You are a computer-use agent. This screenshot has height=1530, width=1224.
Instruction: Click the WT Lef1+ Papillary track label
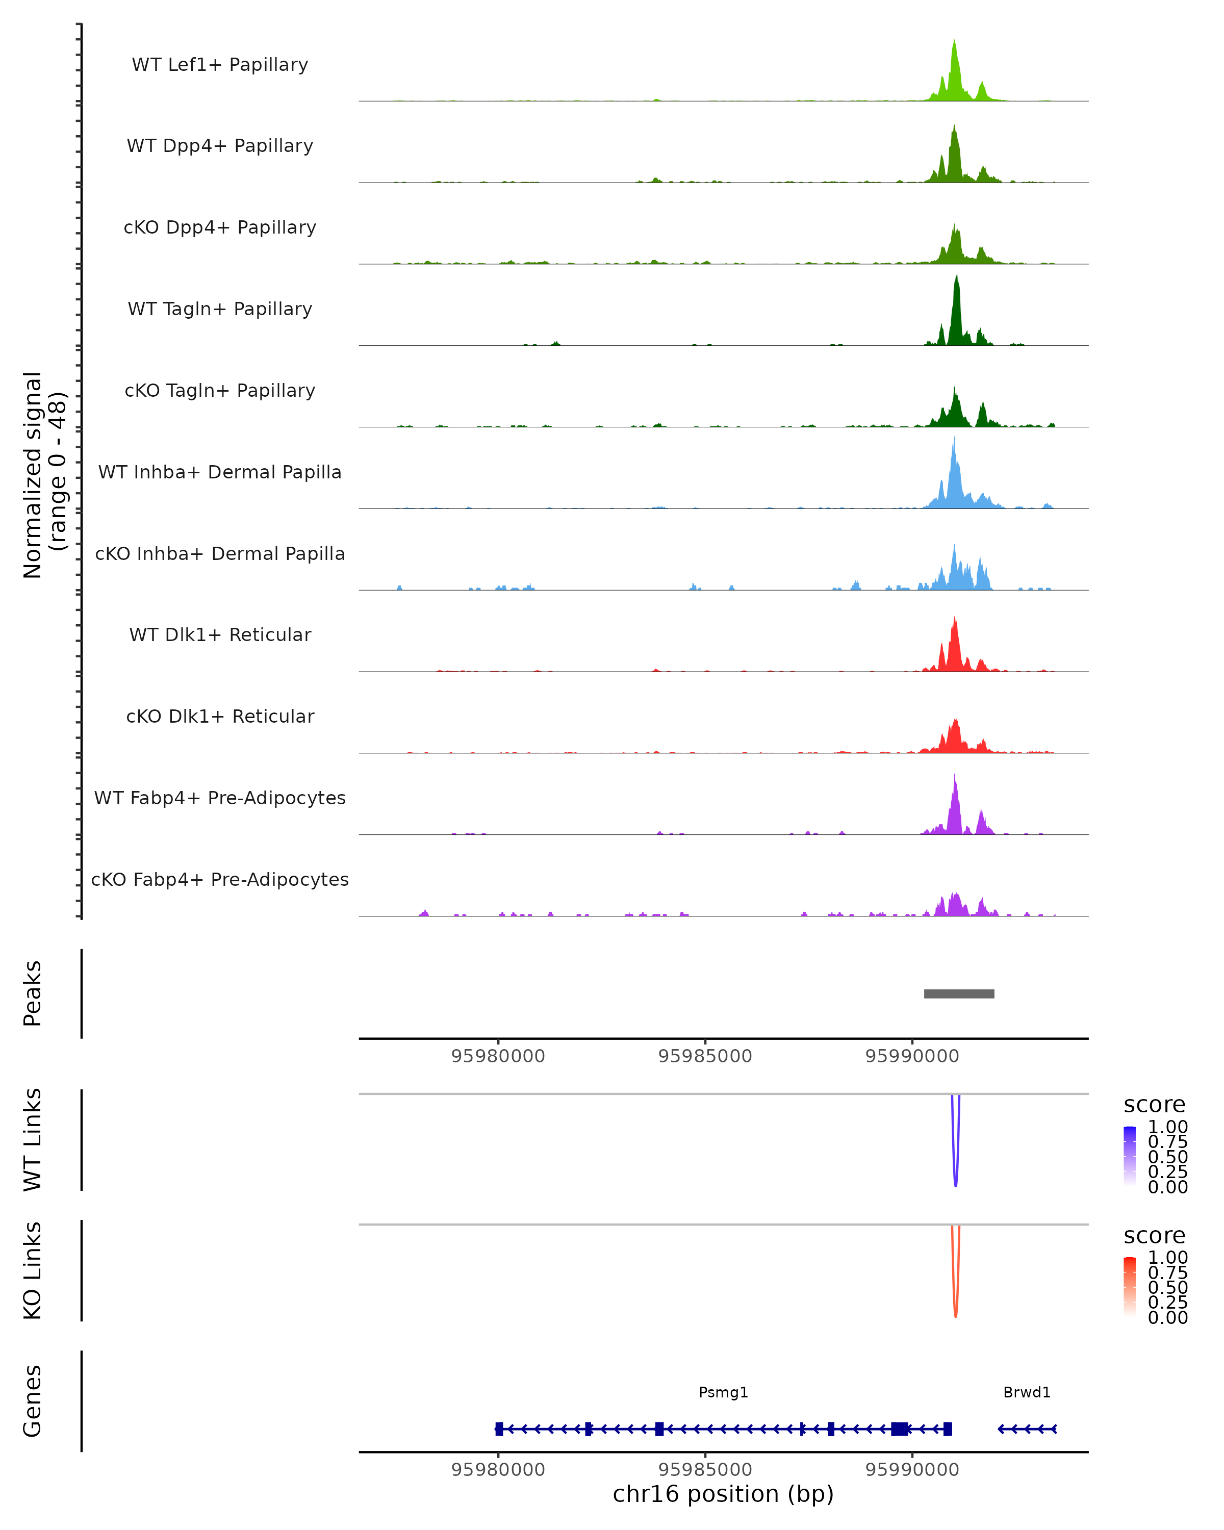[220, 65]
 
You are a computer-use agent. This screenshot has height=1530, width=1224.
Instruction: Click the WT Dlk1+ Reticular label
[220, 634]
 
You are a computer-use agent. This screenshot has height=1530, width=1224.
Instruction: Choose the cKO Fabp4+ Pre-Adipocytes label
[220, 879]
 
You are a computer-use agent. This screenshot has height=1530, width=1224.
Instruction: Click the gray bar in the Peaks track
[959, 993]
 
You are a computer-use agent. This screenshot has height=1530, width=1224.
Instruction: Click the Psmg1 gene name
[723, 1392]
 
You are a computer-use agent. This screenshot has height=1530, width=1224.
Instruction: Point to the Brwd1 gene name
[1027, 1392]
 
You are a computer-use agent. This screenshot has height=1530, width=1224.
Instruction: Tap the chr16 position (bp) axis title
[723, 1494]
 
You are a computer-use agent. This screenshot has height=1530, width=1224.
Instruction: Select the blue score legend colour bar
[1130, 1156]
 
